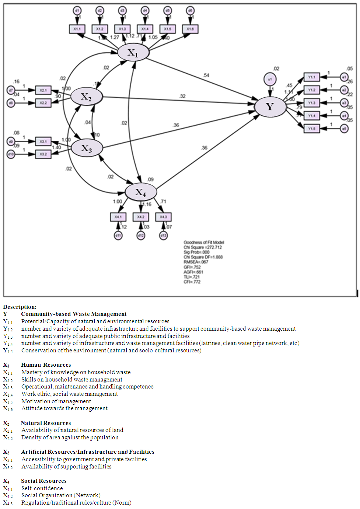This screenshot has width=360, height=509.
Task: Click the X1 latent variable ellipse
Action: click(133, 53)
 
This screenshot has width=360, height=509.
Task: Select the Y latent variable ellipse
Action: click(270, 107)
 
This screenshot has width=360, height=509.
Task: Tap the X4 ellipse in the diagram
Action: click(140, 192)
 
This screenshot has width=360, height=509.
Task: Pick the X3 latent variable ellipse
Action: click(87, 148)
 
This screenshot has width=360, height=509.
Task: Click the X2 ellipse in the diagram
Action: click(86, 97)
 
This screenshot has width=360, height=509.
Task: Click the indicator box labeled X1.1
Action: click(77, 29)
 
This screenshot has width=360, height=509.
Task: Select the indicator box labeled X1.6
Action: click(190, 29)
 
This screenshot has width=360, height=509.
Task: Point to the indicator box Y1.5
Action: click(312, 129)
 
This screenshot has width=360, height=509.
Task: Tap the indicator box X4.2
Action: click(141, 217)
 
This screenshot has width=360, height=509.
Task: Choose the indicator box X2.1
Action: click(43, 90)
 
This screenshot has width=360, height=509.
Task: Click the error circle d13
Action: click(163, 235)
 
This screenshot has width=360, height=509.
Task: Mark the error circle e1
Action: click(344, 77)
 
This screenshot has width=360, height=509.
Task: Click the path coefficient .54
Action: click(206, 75)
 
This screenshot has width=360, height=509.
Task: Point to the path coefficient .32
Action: click(182, 96)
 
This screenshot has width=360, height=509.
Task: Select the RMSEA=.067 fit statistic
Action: click(196, 262)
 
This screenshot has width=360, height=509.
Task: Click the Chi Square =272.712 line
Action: click(203, 247)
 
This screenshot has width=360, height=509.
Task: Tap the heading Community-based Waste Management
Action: click(74, 314)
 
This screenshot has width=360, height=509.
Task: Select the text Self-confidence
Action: click(42, 488)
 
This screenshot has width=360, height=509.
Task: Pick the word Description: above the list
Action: click(20, 307)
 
